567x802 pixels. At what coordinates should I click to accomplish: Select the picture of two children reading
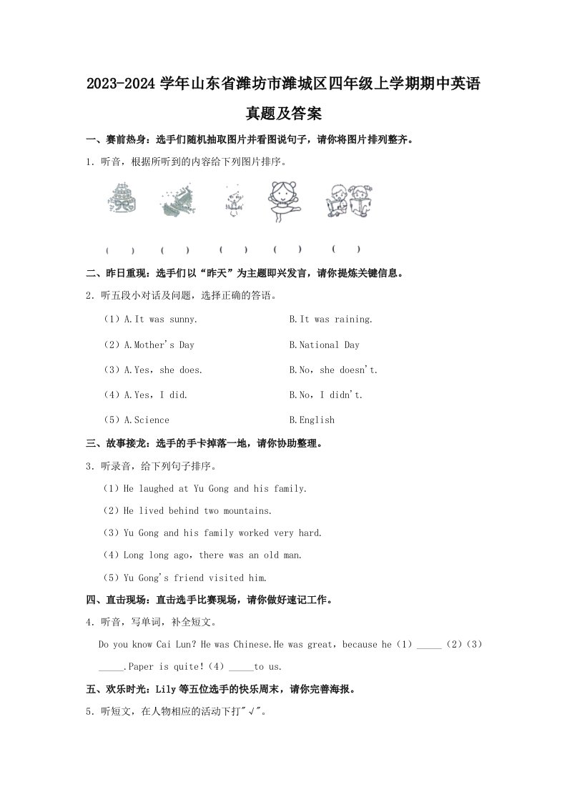(x=349, y=197)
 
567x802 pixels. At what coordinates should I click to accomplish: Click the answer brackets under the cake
(x=120, y=250)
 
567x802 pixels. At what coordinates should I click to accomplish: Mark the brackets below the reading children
(x=346, y=249)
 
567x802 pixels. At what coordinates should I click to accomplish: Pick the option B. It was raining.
(x=330, y=320)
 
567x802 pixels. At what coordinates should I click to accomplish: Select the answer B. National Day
(x=324, y=345)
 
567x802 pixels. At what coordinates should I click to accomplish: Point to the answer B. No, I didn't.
(x=325, y=395)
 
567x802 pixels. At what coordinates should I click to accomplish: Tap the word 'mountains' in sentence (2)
(x=247, y=510)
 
